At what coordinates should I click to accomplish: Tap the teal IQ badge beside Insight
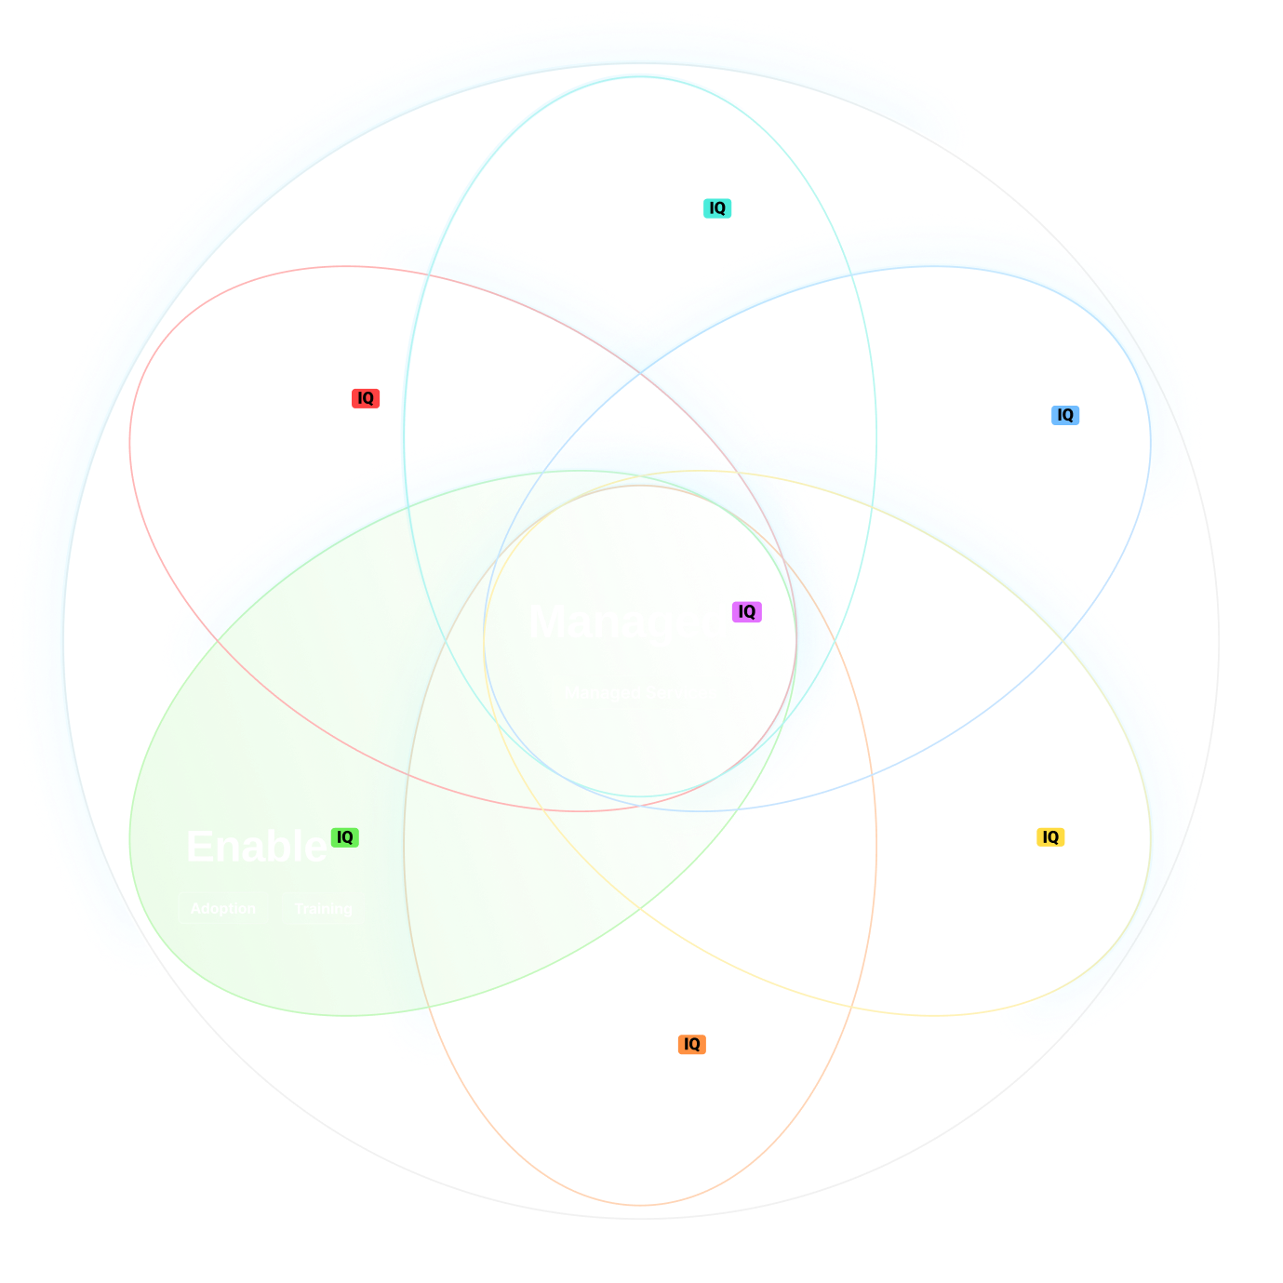717,208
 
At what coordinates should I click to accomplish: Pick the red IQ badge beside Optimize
366,398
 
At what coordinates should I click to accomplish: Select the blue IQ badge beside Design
1065,415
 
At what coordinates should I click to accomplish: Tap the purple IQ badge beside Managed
747,611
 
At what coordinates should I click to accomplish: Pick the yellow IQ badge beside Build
1050,837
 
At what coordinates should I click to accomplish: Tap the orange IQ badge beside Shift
691,1045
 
